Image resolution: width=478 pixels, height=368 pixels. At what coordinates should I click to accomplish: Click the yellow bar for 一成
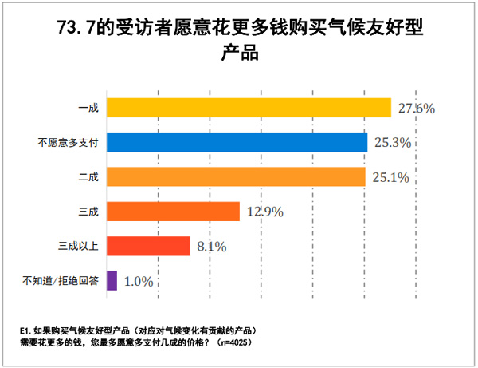[x=249, y=108]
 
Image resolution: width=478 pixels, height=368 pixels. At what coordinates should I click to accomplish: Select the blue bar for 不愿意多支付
[x=237, y=142]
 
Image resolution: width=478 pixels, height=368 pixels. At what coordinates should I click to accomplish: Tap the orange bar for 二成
[x=236, y=176]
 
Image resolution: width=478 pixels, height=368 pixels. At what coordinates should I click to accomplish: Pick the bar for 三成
[x=173, y=211]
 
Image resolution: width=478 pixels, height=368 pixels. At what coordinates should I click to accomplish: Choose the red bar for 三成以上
[x=148, y=245]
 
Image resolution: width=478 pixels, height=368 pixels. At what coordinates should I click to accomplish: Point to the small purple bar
[x=112, y=280]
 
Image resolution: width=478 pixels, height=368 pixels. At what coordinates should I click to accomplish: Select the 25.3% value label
[x=390, y=143]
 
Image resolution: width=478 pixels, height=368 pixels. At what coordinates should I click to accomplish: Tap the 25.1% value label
[x=389, y=177]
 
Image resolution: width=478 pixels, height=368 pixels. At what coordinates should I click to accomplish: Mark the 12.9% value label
[x=263, y=212]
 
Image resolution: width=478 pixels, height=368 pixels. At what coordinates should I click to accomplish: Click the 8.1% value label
[x=210, y=246]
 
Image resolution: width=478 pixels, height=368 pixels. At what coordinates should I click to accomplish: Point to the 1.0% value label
[x=136, y=281]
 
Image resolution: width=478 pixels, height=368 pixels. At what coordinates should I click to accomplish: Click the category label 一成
[x=88, y=108]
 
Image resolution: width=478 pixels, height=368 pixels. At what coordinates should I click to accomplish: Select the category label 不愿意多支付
[x=68, y=142]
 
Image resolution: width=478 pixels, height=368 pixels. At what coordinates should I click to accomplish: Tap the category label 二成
[x=88, y=176]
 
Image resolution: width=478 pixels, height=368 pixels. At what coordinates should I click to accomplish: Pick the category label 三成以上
[x=78, y=245]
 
